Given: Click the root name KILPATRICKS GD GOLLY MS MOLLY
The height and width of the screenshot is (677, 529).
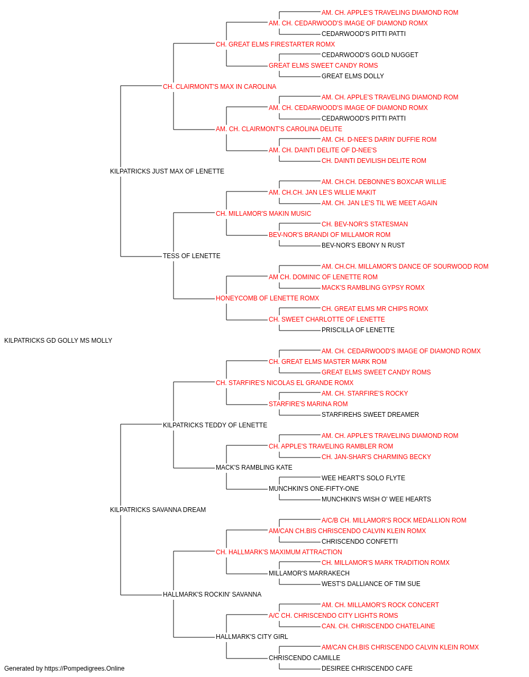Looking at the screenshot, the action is [58, 341].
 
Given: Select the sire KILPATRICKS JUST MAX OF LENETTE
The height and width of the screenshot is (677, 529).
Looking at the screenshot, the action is [167, 171].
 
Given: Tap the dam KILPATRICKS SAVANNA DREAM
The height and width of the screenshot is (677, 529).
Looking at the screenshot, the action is [158, 510].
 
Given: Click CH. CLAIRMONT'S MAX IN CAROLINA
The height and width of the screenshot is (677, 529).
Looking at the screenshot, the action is [220, 87].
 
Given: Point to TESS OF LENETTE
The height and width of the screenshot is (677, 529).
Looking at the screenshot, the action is [191, 256].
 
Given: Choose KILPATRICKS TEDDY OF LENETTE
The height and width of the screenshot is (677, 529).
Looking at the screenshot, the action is [215, 425].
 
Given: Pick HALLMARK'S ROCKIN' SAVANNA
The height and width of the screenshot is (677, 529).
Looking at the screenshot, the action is [212, 594].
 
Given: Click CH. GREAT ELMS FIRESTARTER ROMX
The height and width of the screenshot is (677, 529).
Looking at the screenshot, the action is [276, 44].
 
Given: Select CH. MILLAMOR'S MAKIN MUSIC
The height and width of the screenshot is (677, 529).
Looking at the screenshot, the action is [263, 214].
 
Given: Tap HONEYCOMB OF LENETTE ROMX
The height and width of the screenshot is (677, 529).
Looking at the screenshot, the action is [268, 298].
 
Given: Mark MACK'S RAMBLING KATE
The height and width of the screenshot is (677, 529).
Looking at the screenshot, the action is [254, 468].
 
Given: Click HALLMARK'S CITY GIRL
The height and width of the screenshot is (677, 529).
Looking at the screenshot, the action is [252, 637].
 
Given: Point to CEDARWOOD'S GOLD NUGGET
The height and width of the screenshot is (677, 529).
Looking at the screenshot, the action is [370, 55].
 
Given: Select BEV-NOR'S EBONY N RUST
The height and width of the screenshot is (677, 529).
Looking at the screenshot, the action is [363, 245].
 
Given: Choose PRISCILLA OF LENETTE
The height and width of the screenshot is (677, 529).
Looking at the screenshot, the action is [358, 330].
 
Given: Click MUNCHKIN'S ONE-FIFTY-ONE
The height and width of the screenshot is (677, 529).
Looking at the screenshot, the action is [314, 489].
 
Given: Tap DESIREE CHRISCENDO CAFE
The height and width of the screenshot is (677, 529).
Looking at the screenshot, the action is [367, 669].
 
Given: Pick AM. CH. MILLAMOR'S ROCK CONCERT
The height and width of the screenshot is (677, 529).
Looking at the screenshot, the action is [380, 605].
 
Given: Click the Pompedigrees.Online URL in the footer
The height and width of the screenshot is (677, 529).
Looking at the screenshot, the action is [85, 669].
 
